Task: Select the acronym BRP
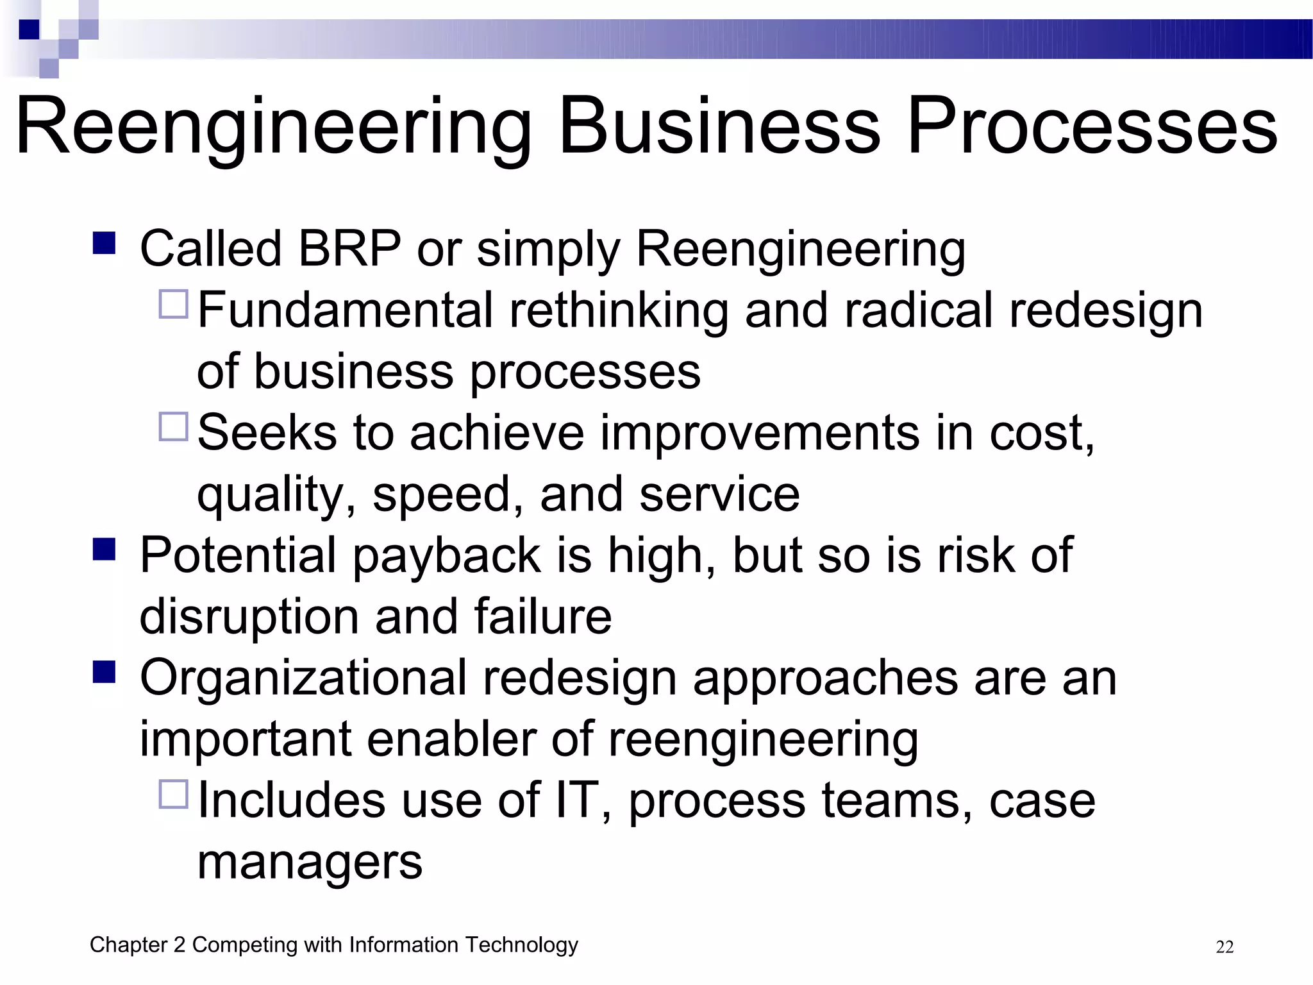[349, 249]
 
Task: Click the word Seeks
[267, 433]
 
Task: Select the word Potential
[238, 555]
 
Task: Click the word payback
[446, 555]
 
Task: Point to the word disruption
[249, 617]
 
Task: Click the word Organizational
[303, 678]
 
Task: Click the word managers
[310, 863]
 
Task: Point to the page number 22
[1225, 947]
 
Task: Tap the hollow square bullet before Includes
[173, 794]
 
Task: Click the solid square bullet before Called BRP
[104, 243]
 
